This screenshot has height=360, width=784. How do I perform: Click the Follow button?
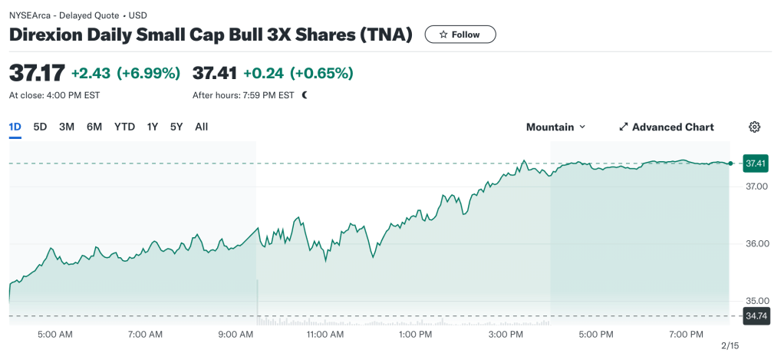click(x=460, y=35)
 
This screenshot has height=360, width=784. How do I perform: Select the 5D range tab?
click(x=40, y=127)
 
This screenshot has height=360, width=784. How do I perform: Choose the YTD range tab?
click(x=124, y=127)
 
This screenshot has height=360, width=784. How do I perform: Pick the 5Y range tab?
click(x=176, y=127)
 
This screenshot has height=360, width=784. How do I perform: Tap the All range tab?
click(x=201, y=127)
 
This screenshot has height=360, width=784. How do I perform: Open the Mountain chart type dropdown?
click(x=555, y=127)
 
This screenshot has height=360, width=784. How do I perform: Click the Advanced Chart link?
click(x=666, y=127)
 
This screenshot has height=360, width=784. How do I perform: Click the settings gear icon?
click(x=754, y=127)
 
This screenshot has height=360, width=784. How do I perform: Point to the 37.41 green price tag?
click(x=756, y=163)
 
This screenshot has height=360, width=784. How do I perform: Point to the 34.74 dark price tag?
click(x=756, y=316)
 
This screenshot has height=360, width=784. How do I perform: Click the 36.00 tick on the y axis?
click(x=756, y=243)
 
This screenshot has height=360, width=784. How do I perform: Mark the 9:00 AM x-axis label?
click(x=236, y=335)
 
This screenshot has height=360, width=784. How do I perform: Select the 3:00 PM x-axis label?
click(x=506, y=335)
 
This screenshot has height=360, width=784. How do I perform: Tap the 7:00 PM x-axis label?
click(x=686, y=335)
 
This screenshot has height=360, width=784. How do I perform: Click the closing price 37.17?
click(x=36, y=73)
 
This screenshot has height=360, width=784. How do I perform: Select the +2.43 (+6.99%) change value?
click(x=126, y=73)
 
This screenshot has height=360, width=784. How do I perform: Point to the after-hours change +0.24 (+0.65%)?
click(x=298, y=73)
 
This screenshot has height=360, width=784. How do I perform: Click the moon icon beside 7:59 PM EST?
click(x=305, y=96)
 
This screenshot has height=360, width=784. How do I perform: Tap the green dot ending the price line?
click(x=730, y=163)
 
